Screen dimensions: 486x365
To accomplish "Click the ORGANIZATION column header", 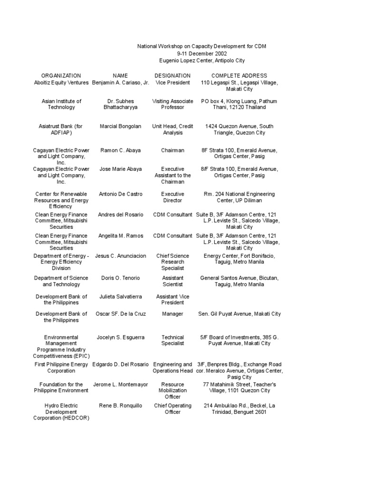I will coord(61,75).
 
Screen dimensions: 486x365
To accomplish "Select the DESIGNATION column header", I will coord(173,75).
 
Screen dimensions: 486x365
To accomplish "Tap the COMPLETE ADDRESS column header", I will coord(239,75).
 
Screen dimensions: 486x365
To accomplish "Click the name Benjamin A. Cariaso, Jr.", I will coord(120,83).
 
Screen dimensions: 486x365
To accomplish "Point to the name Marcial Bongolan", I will coord(120,126).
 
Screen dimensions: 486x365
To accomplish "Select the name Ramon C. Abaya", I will coord(120,150).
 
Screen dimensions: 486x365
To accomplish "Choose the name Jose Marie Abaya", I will coord(120,169).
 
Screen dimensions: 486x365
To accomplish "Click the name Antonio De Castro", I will coord(120,194).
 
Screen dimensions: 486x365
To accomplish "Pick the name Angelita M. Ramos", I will coord(120,236).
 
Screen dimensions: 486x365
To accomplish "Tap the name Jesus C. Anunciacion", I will coord(120,256).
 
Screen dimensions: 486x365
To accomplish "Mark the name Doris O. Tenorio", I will coord(120,278).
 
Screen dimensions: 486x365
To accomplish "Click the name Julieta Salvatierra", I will coord(120,297).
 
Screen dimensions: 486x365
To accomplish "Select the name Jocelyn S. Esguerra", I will coord(120,337).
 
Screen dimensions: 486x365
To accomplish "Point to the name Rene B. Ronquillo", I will coord(120,406).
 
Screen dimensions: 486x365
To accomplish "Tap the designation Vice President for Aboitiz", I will coord(173,83).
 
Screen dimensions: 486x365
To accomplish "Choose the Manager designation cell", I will coord(173,314).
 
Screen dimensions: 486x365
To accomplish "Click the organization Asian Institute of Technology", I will coord(61,104).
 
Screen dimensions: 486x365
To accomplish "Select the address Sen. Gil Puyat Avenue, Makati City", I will coord(239,314).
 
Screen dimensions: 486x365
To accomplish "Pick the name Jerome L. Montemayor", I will coord(120,384).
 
